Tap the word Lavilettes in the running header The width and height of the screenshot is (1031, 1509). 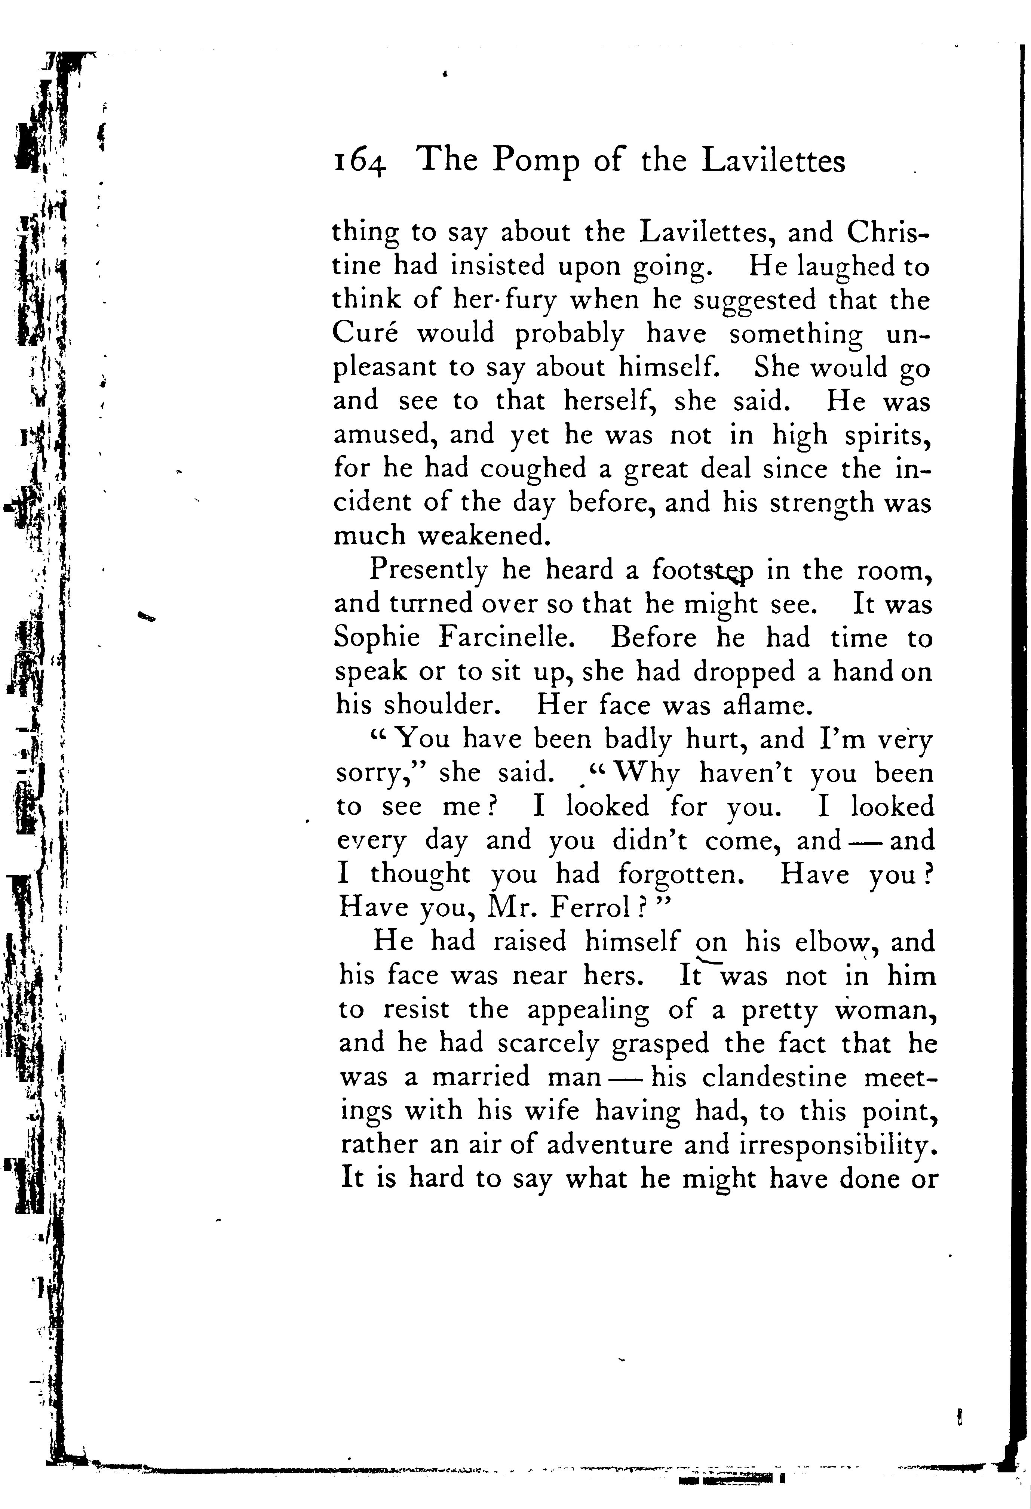tap(774, 160)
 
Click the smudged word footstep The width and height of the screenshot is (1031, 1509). tap(703, 571)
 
